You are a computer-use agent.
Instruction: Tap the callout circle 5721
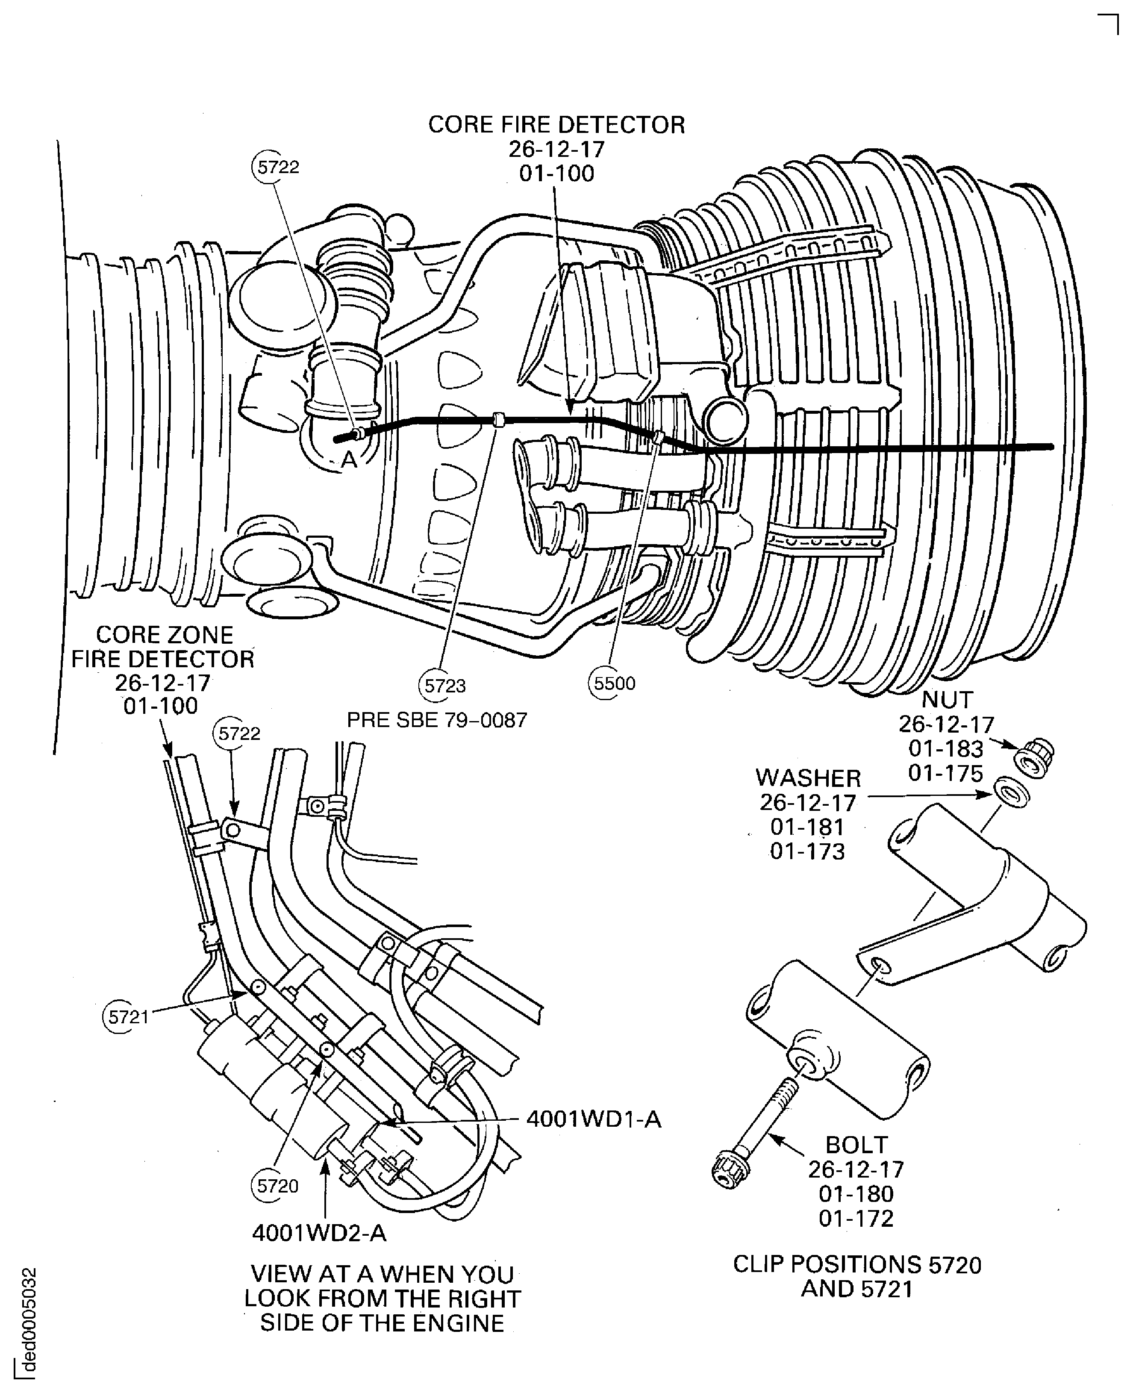tap(128, 1016)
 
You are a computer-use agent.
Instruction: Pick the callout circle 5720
tap(277, 1185)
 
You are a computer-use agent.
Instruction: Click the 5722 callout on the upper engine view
tap(278, 167)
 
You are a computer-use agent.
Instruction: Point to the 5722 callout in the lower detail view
tap(239, 734)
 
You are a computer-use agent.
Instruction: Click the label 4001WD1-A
tap(594, 1119)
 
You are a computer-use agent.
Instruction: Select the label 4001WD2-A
tap(319, 1233)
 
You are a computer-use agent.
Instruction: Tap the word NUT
tap(947, 700)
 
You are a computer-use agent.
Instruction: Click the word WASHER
tap(808, 778)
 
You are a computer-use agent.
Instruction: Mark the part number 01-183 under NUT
tap(946, 749)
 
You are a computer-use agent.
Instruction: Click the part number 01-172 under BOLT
tap(856, 1219)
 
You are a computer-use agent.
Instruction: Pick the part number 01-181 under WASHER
tap(807, 827)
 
